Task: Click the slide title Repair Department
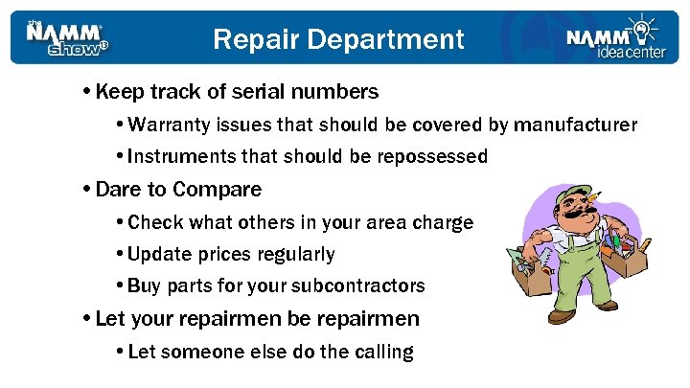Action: click(337, 39)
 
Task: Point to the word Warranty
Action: click(167, 125)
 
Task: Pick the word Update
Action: click(155, 254)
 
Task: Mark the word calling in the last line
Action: click(381, 352)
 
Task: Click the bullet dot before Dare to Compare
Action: click(87, 189)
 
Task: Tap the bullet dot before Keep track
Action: click(87, 93)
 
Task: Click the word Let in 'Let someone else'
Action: click(141, 352)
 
